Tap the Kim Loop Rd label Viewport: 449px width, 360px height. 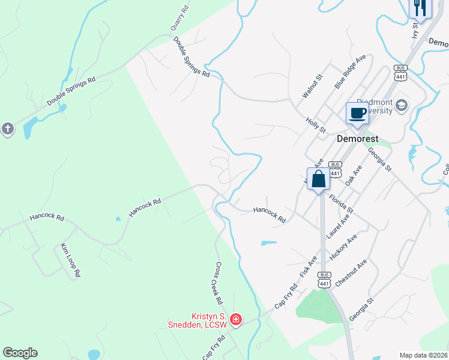[70, 260]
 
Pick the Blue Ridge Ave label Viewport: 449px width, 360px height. [350, 71]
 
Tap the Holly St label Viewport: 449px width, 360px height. [315, 125]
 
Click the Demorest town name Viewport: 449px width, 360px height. [357, 138]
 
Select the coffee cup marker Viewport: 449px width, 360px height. [358, 113]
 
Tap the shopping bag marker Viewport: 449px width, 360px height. [319, 178]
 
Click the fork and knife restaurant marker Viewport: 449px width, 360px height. [420, 8]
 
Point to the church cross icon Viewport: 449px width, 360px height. [7, 128]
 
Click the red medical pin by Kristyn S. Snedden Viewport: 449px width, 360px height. [236, 319]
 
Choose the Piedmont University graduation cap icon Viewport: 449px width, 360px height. [402, 106]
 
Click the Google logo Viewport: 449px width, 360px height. [20, 353]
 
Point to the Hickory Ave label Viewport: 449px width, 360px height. [343, 247]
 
